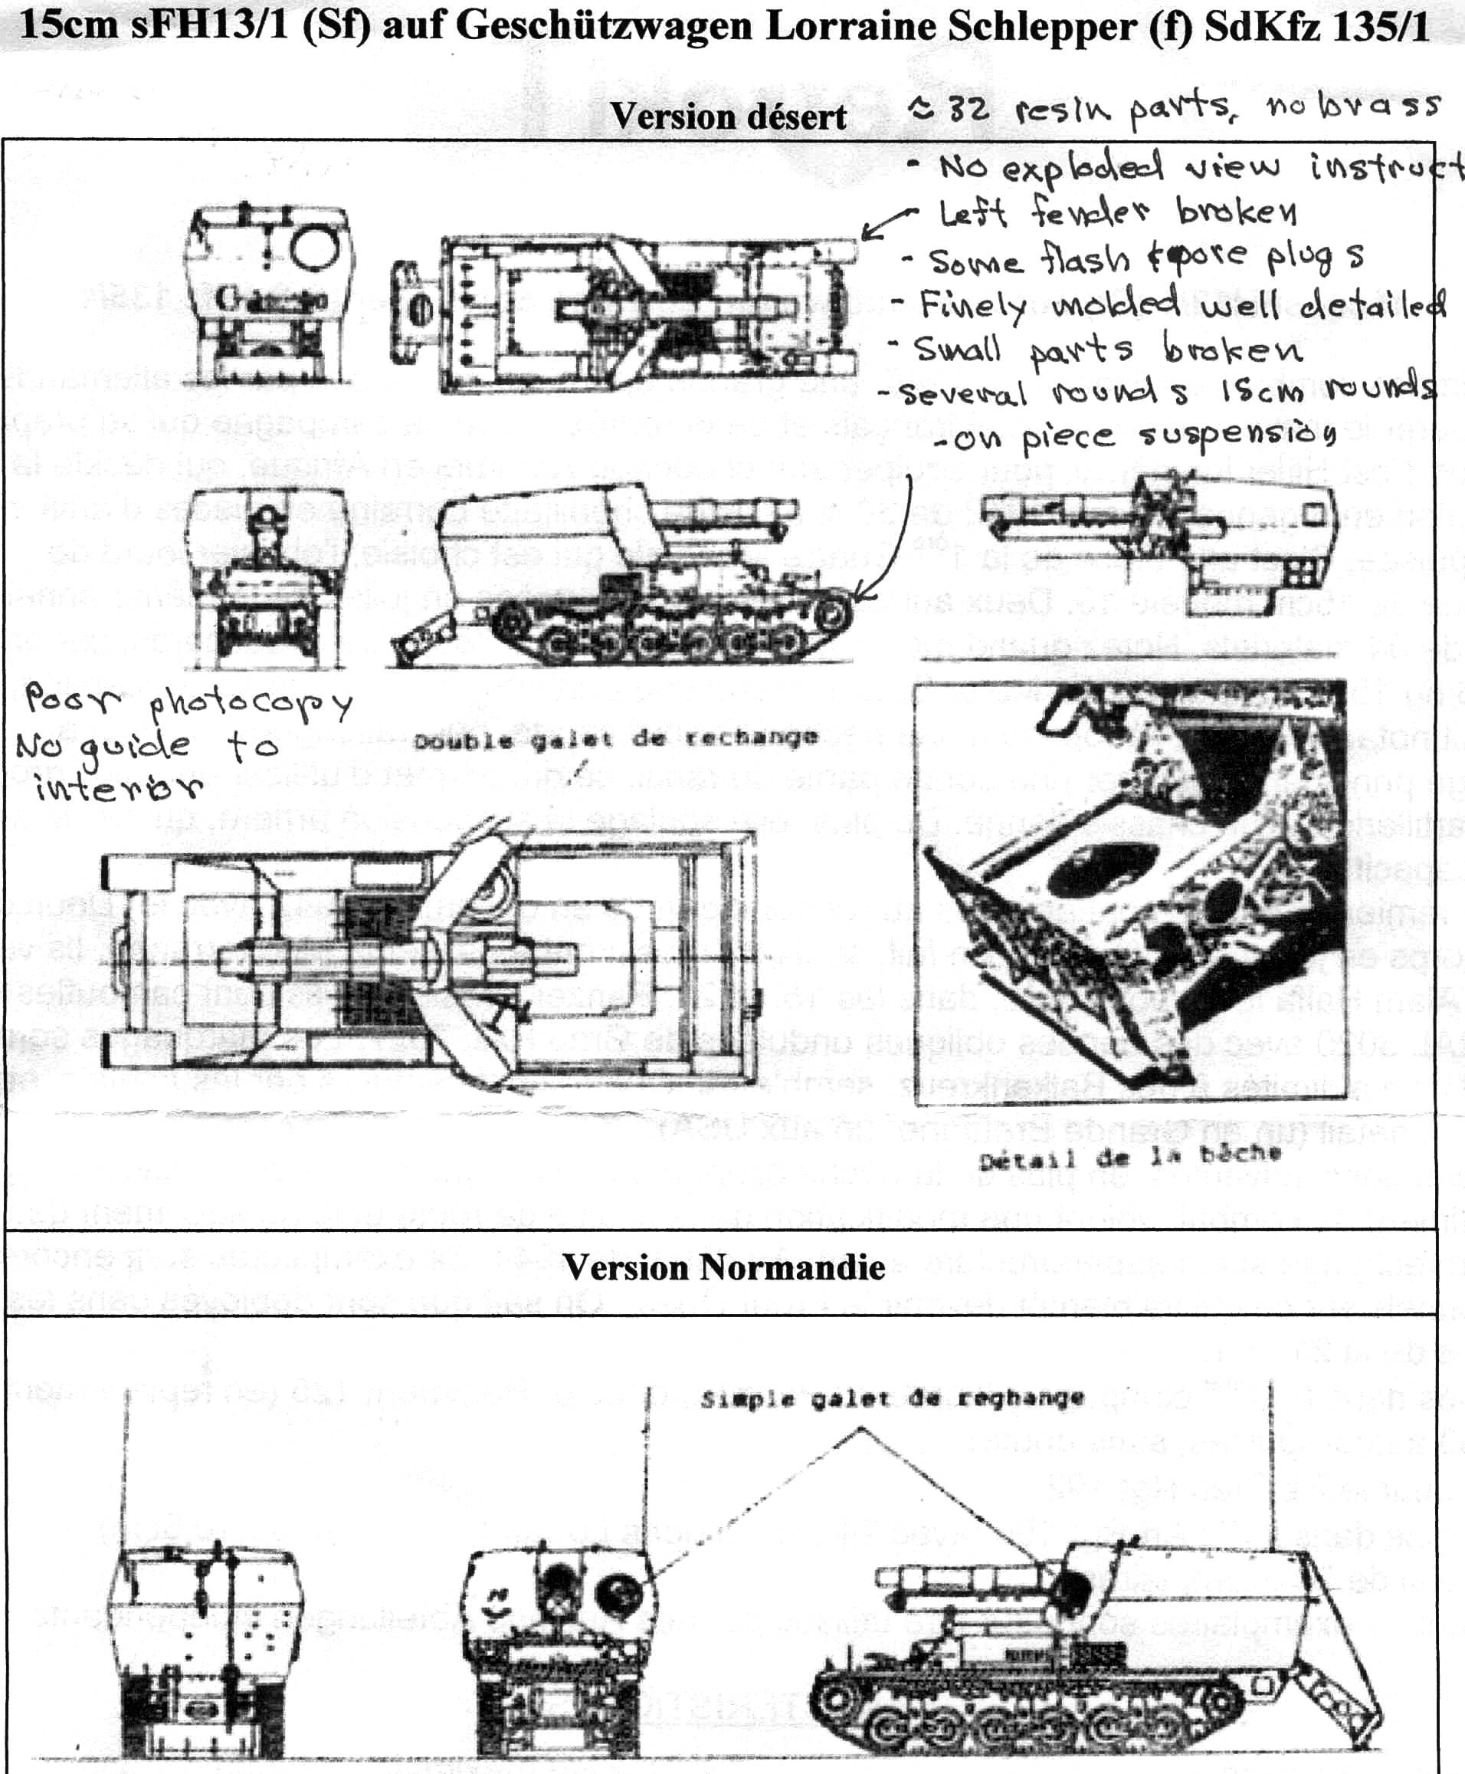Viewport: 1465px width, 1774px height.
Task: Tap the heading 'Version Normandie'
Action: [x=723, y=1267]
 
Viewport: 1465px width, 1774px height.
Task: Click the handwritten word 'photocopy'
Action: [x=250, y=705]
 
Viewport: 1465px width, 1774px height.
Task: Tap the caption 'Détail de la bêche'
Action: [x=1130, y=1156]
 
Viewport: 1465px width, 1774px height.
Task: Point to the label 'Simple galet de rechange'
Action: [x=892, y=1399]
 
